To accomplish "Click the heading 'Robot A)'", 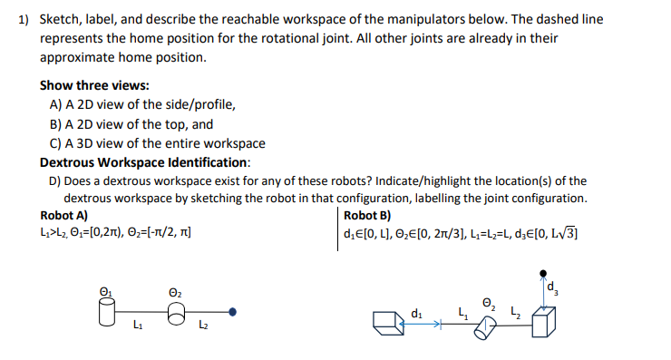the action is click(x=64, y=216).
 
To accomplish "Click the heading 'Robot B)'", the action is click(x=367, y=216).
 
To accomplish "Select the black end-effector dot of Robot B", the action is click(x=543, y=271).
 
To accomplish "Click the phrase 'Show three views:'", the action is click(x=94, y=85).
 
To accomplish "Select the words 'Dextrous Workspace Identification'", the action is click(x=144, y=162).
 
